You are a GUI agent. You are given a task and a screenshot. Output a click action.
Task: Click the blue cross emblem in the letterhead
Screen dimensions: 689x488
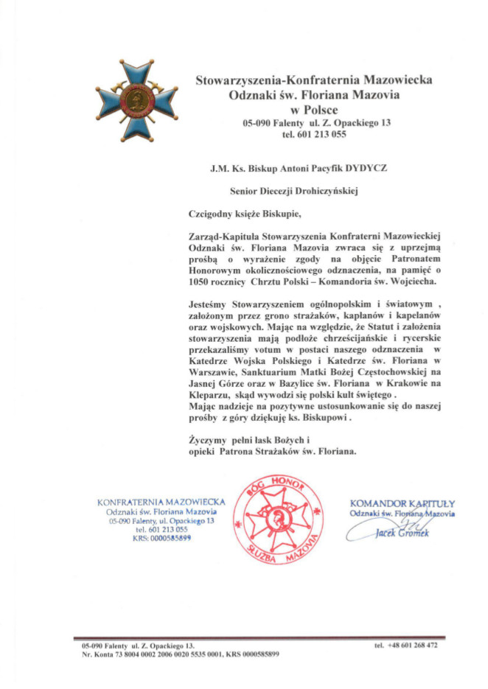(136, 101)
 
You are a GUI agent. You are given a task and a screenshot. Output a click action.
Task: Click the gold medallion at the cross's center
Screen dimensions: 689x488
(136, 100)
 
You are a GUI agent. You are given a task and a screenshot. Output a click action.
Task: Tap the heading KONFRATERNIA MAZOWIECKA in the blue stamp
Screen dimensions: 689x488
(161, 503)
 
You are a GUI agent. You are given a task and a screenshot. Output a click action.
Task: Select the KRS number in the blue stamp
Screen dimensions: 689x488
(171, 539)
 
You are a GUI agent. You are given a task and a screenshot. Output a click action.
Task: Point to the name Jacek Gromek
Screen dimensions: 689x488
(402, 533)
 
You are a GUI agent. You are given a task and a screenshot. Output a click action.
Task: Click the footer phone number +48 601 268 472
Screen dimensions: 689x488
(405, 645)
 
